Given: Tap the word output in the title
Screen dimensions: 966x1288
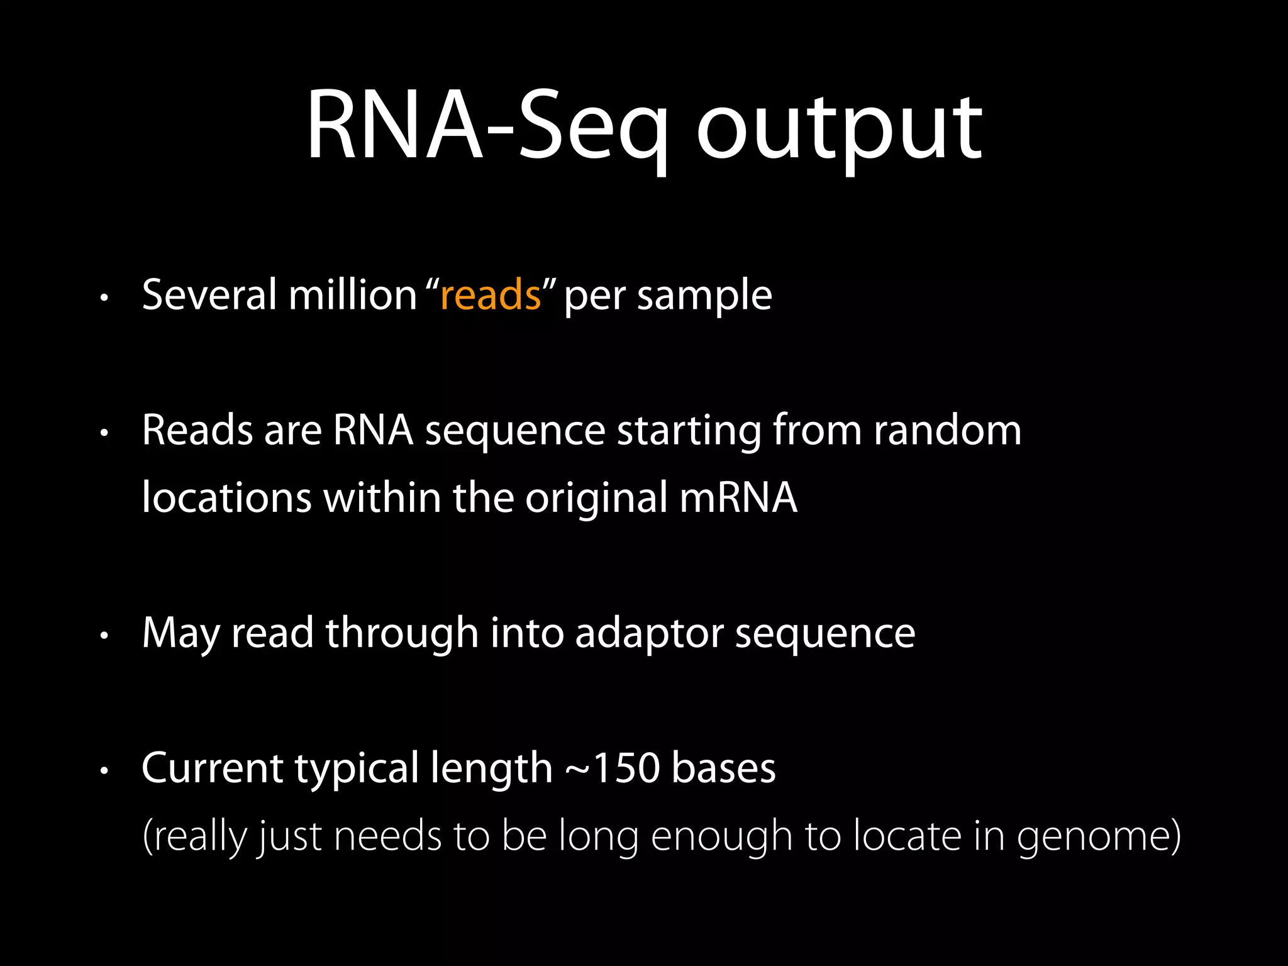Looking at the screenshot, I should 839,129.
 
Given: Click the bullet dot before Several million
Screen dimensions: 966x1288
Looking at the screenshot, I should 105,297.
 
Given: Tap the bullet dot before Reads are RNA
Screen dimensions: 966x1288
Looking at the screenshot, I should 105,433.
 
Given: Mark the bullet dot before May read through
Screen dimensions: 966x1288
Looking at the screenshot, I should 105,636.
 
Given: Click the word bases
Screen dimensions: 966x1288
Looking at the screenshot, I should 723,768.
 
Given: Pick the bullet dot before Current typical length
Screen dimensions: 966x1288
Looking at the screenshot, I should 105,770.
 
